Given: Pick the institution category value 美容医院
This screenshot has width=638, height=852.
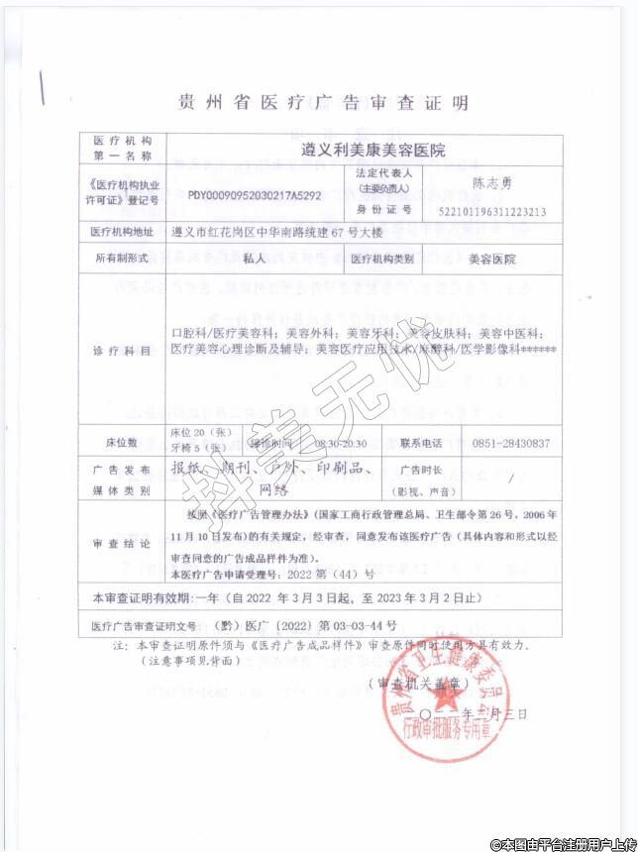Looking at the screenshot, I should (492, 258).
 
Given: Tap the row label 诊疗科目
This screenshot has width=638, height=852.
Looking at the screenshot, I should (121, 352).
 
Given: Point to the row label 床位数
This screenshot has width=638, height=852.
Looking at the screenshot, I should (121, 442).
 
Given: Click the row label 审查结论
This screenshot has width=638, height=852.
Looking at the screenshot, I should (121, 543).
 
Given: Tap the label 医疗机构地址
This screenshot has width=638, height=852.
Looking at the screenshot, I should (122, 233).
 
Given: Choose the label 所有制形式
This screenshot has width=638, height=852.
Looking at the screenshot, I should (121, 258).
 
